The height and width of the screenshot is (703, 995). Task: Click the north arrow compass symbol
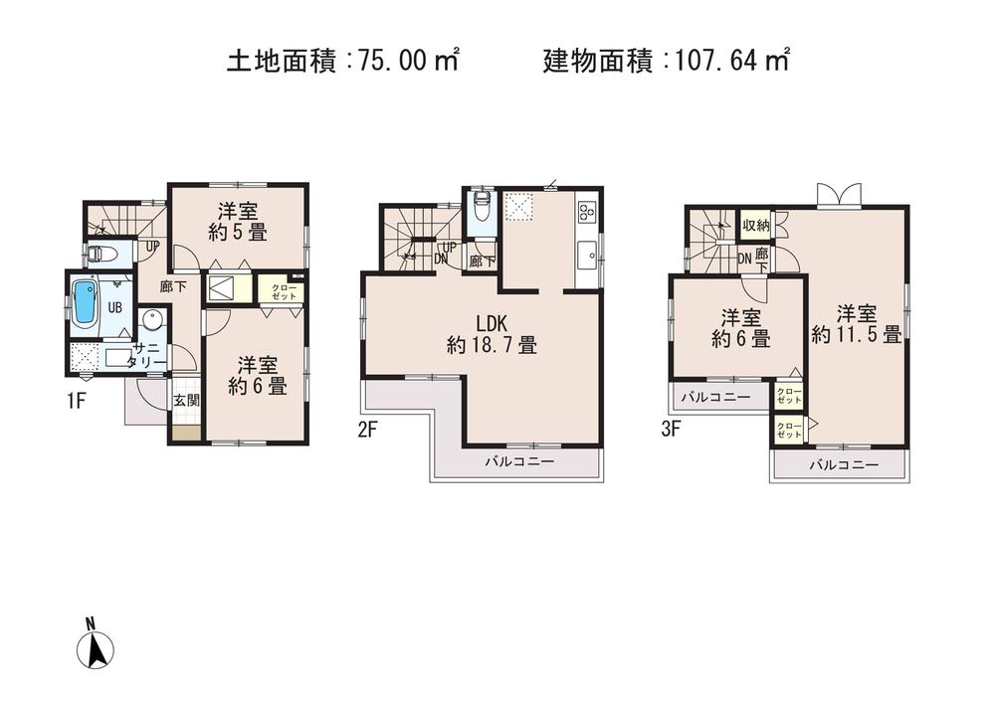pyautogui.click(x=97, y=645)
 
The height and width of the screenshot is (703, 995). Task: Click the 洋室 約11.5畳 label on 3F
pyautogui.click(x=856, y=324)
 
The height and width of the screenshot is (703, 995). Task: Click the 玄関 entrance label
pyautogui.click(x=186, y=401)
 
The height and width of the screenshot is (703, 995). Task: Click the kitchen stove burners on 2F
pyautogui.click(x=586, y=211)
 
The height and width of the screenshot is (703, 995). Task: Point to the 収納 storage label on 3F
pyautogui.click(x=755, y=225)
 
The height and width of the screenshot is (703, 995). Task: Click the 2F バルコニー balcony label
pyautogui.click(x=518, y=462)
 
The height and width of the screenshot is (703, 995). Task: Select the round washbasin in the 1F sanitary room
pyautogui.click(x=151, y=320)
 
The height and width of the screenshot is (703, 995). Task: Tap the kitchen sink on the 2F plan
pyautogui.click(x=586, y=251)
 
